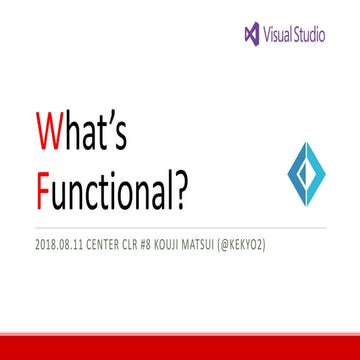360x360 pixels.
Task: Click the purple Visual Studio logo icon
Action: click(251, 34)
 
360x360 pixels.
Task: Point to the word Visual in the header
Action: click(280, 34)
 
